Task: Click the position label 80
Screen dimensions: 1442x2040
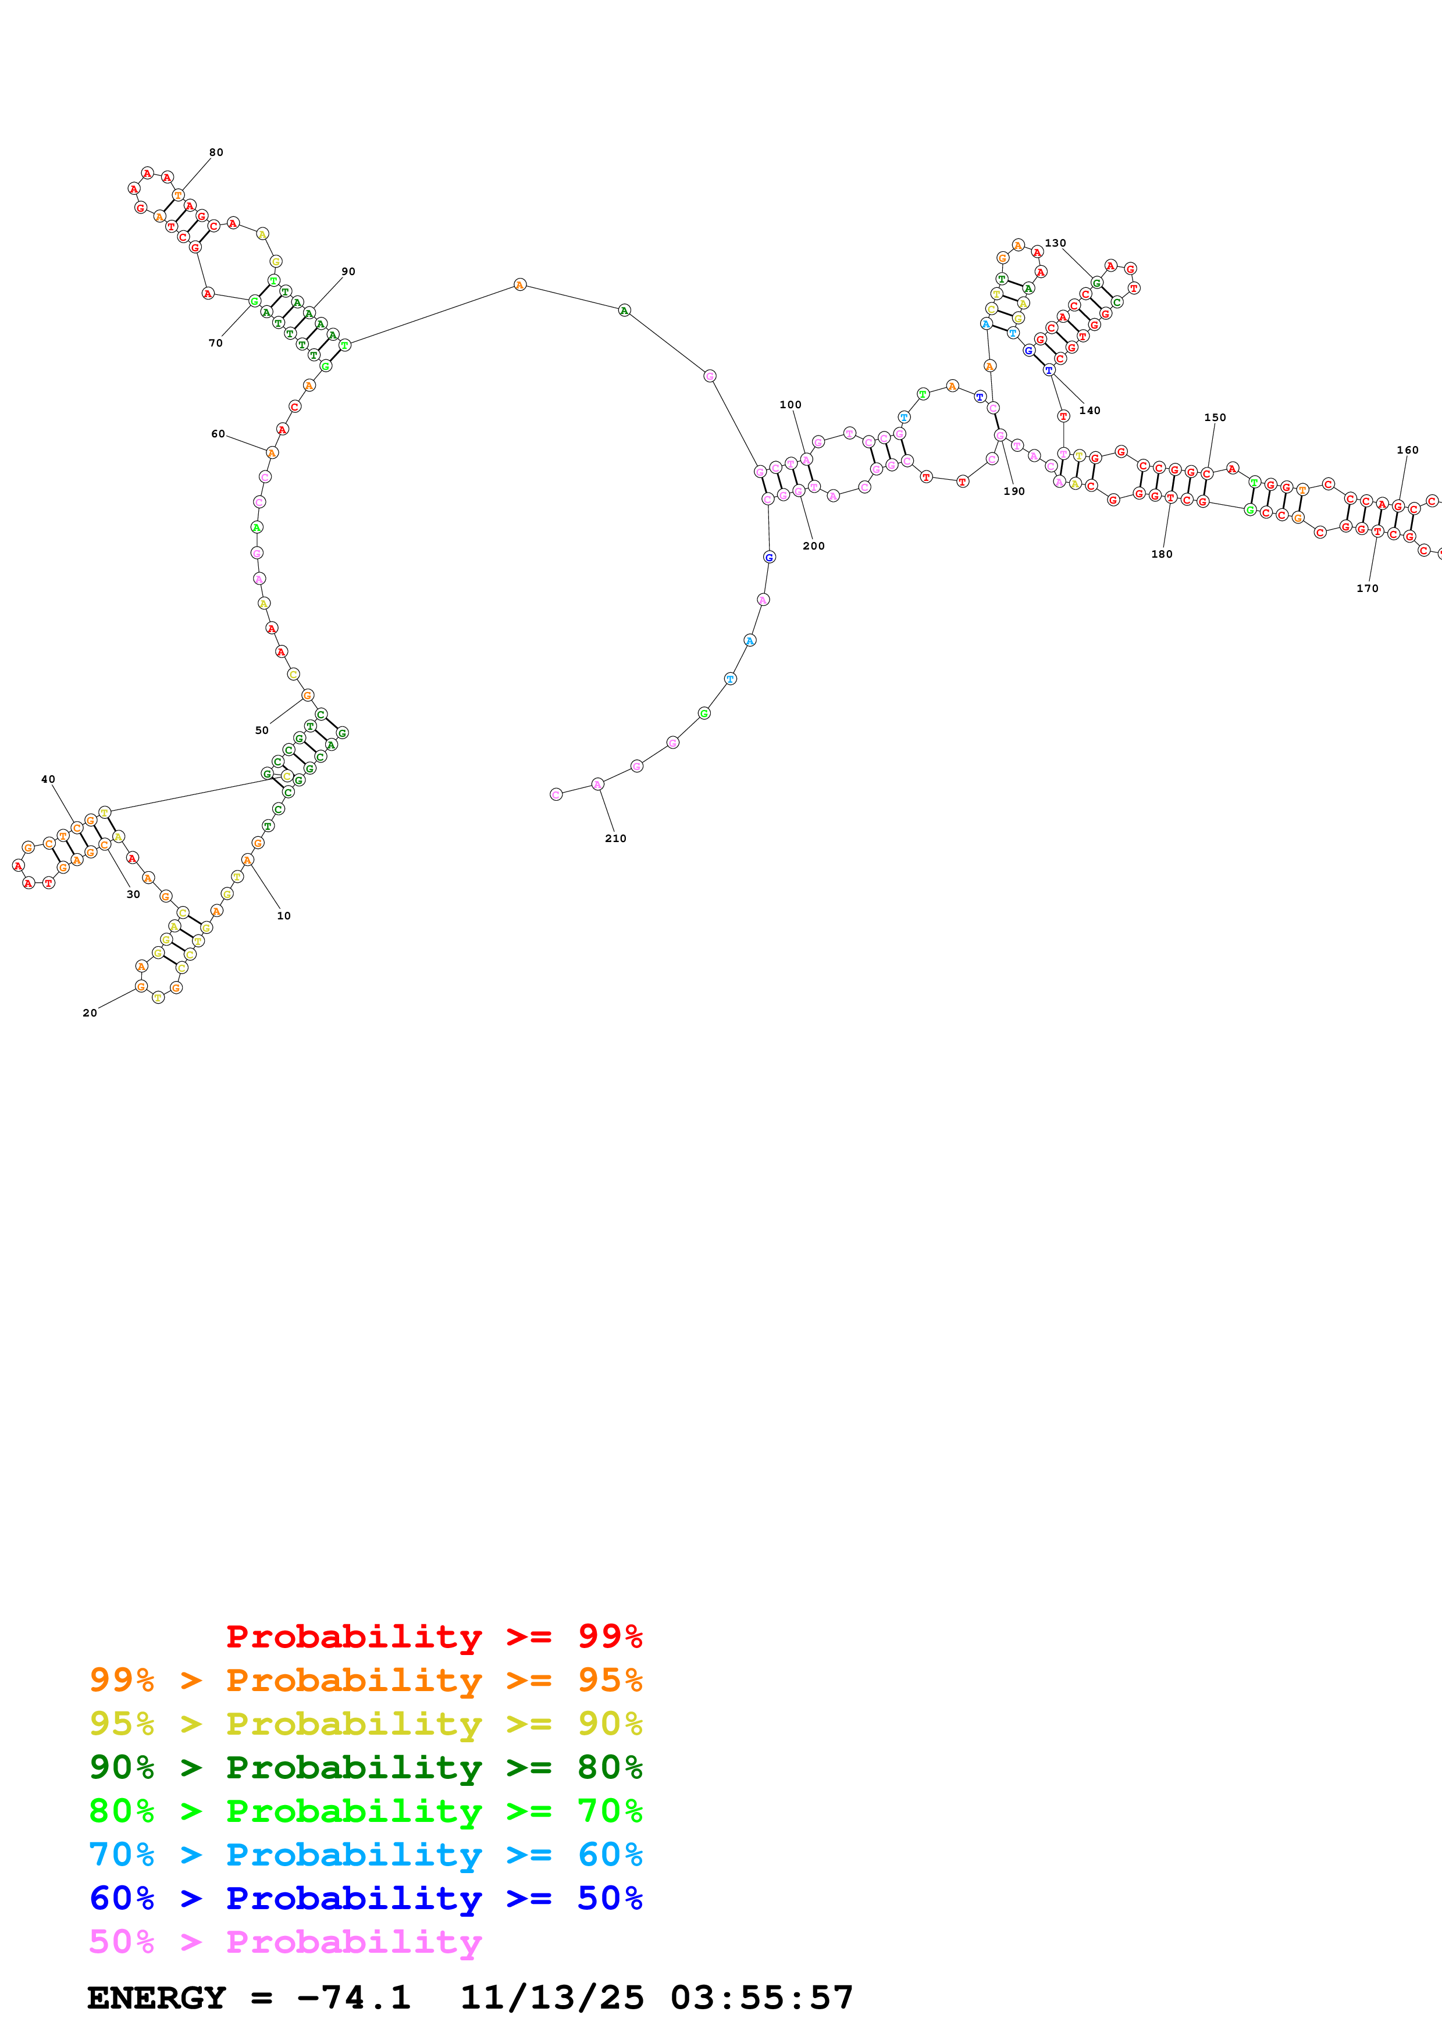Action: [216, 152]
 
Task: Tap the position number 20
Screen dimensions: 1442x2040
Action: [90, 1013]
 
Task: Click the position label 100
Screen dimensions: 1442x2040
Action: [790, 404]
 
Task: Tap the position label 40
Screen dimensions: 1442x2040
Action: [48, 779]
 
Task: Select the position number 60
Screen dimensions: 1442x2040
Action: [218, 434]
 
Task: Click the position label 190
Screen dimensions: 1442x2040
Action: [1014, 491]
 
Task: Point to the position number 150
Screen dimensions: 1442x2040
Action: [1215, 418]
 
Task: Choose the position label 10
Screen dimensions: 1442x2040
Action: [283, 915]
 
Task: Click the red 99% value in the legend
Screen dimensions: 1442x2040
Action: [610, 1636]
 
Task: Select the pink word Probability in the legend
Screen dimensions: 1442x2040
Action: [354, 1942]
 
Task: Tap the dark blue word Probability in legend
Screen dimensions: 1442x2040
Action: [354, 1899]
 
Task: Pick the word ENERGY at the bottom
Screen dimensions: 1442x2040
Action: [156, 1998]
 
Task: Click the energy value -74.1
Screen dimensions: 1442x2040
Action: [354, 1998]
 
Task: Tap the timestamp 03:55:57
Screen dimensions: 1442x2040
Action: [761, 1998]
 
